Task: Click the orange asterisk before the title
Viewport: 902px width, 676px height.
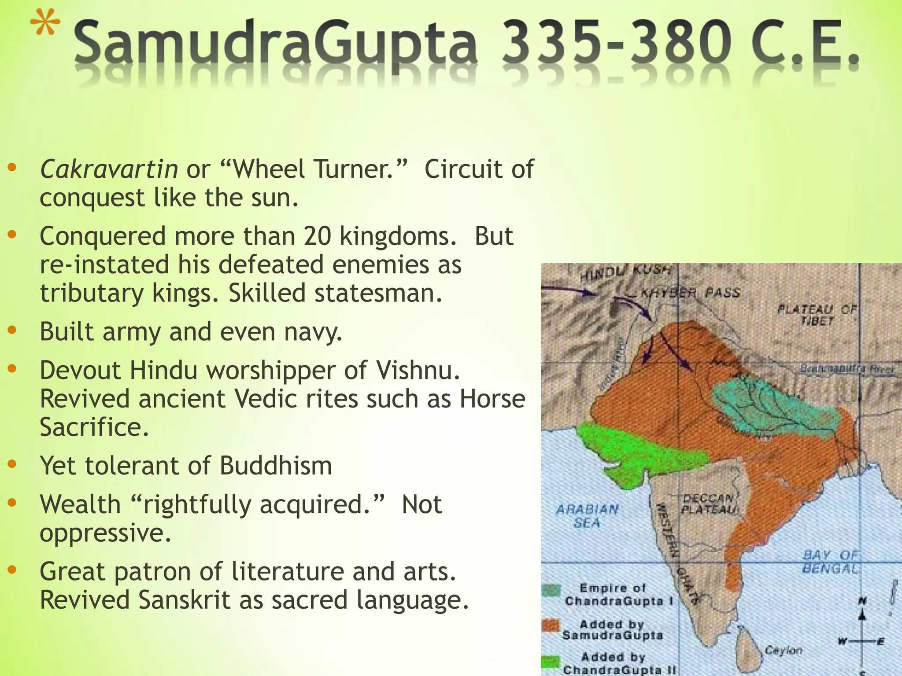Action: pos(46,27)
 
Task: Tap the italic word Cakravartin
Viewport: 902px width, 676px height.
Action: pos(109,169)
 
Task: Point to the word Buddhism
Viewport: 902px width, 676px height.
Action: pos(276,466)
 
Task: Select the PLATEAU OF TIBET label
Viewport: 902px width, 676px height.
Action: pos(817,315)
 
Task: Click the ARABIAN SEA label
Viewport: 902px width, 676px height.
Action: pos(587,516)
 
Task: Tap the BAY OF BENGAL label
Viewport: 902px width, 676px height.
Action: pos(831,562)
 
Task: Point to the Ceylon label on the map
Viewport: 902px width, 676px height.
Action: pos(784,650)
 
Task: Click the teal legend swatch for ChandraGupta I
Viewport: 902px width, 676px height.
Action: pos(551,590)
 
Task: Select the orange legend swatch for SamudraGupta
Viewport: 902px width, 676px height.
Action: pos(551,625)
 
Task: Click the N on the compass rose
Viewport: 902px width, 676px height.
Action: pos(863,601)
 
